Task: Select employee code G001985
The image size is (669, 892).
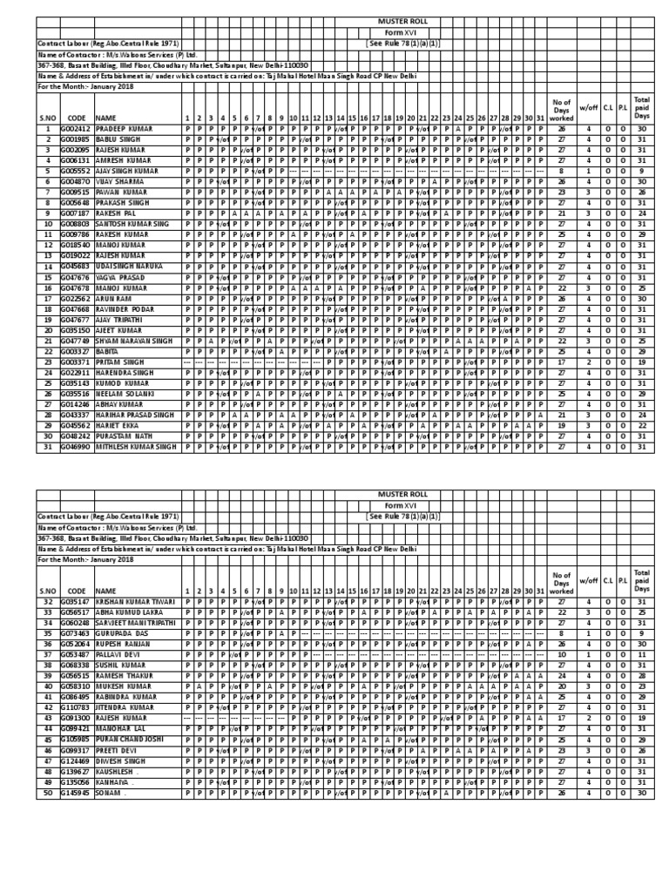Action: point(74,139)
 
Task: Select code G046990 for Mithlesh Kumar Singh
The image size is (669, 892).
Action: point(74,447)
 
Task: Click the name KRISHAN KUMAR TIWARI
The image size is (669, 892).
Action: point(132,601)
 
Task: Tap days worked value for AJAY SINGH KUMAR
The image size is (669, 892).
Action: point(562,172)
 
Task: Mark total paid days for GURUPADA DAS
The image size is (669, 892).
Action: point(641,633)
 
